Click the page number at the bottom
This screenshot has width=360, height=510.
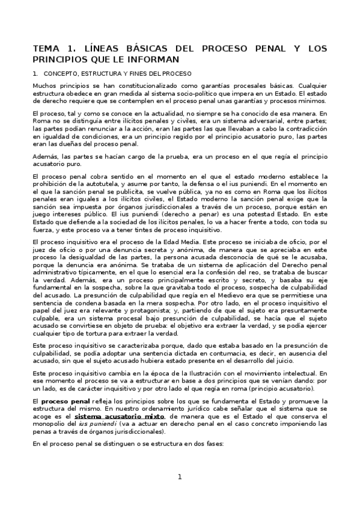pos(179,478)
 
